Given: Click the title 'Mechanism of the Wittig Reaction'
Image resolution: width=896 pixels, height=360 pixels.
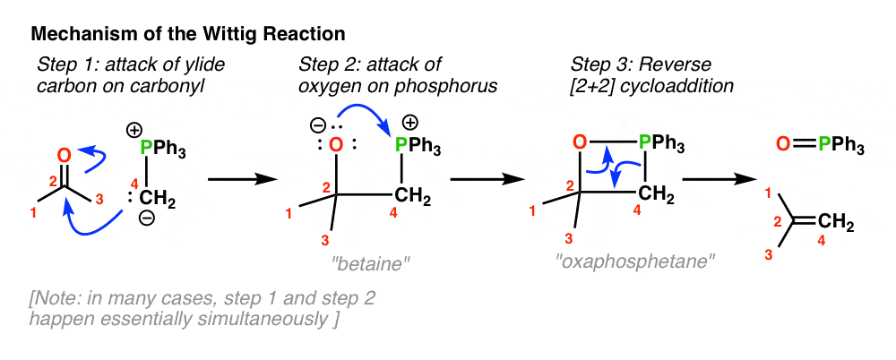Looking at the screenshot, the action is click(x=187, y=34).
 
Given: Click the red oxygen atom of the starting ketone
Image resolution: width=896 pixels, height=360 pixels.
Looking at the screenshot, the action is click(x=65, y=155).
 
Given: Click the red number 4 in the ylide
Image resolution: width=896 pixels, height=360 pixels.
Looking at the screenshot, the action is click(x=135, y=184).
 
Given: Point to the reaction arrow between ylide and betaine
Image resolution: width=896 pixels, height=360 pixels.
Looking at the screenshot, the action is click(x=242, y=180).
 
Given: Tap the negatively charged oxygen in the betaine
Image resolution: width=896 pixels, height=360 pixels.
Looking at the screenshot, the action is click(x=337, y=146).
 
